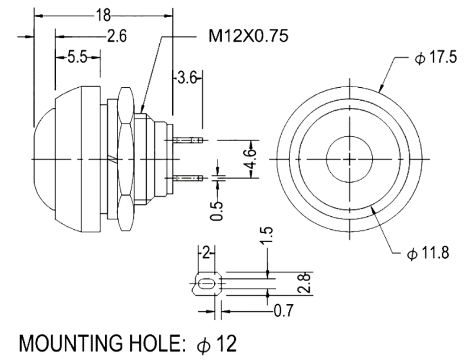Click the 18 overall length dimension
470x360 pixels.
point(103,14)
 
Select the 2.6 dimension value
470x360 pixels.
point(117,35)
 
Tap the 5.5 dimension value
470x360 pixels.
point(77,57)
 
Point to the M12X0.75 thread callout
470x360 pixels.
point(248,36)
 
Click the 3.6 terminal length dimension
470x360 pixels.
point(187,78)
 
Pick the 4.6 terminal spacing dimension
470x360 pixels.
point(252,158)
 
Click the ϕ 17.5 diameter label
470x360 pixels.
point(436,57)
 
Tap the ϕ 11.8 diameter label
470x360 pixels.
point(428,253)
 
